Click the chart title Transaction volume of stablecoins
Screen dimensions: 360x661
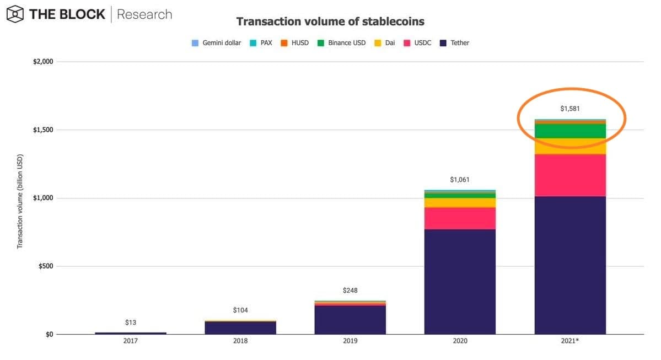tap(330, 22)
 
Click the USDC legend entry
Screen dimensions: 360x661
tap(422, 43)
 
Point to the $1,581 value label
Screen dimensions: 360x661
tap(570, 109)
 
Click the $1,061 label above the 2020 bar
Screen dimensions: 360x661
tap(460, 180)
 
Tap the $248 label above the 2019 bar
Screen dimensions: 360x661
tap(350, 290)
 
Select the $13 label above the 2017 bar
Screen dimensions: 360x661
tap(130, 322)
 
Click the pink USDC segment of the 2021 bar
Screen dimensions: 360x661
tap(570, 175)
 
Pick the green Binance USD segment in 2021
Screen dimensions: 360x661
tap(570, 131)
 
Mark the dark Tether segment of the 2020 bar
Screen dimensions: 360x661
tap(460, 281)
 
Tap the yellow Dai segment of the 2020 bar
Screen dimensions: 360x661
tap(460, 202)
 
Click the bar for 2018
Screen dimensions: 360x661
tap(240, 327)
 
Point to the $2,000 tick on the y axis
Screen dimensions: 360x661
tap(43, 62)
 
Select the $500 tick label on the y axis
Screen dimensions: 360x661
tap(45, 266)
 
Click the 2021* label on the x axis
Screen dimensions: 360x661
tap(570, 341)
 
